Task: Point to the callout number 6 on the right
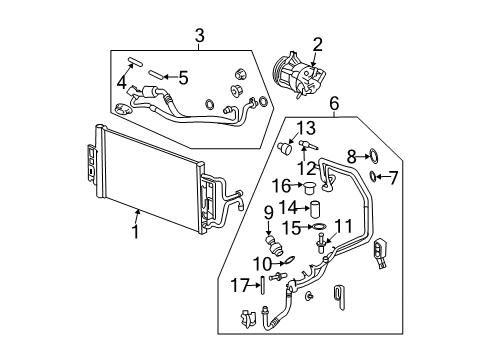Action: point(334,103)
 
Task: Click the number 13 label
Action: point(305,127)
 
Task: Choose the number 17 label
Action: point(237,285)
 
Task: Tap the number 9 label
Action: point(268,212)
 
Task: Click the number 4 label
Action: point(123,83)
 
